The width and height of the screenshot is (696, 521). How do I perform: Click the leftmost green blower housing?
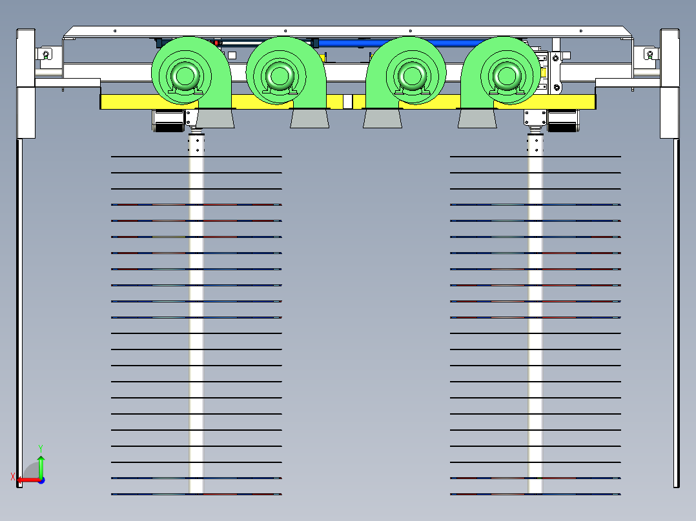tap(190, 71)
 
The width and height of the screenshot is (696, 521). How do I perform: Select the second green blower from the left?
tap(285, 71)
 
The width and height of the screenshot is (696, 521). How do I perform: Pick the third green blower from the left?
tap(405, 71)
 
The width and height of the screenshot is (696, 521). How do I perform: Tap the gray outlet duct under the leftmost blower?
tap(214, 119)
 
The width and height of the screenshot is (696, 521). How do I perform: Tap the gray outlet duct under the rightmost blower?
tap(477, 119)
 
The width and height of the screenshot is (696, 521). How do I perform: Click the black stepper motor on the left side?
tap(167, 121)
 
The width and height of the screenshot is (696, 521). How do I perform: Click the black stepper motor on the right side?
tap(562, 121)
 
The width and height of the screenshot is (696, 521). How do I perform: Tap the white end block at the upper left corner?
tap(25, 58)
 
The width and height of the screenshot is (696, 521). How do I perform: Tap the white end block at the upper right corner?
tap(670, 58)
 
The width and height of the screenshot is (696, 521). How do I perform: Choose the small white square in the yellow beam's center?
tap(347, 101)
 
